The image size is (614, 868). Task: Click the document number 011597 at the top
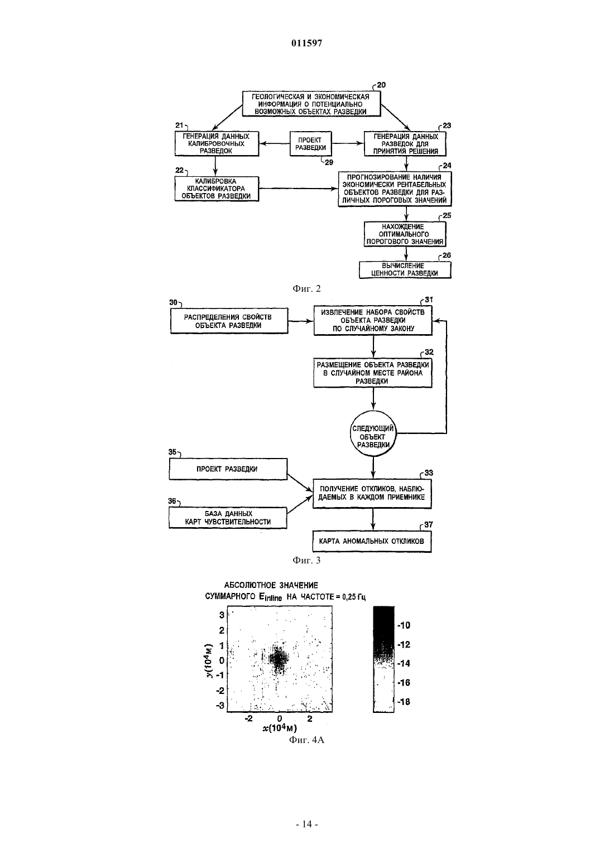(x=306, y=43)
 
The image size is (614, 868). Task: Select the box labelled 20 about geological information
(x=311, y=104)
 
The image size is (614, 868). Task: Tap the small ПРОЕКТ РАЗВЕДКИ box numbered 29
(x=310, y=143)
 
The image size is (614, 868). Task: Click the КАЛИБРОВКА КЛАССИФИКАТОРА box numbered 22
(x=217, y=189)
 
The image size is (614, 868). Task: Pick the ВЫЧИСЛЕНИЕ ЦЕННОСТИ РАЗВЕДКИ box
(x=405, y=269)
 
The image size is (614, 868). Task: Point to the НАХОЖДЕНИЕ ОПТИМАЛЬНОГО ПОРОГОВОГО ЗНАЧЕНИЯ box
(x=405, y=234)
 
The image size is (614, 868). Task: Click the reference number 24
(x=447, y=166)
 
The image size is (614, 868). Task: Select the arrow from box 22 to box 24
(x=299, y=189)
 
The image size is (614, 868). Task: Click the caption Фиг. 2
(x=306, y=289)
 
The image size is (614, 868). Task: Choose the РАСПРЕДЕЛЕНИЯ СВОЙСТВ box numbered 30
(x=229, y=321)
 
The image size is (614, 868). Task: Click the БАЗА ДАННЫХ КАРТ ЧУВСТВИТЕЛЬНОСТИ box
(x=228, y=518)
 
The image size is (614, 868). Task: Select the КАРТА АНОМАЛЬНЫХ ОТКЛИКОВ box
(x=372, y=541)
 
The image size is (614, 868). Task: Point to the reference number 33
(x=429, y=472)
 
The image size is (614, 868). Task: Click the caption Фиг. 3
(x=306, y=560)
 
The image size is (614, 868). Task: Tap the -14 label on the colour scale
(x=404, y=663)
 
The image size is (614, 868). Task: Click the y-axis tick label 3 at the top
(x=222, y=615)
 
